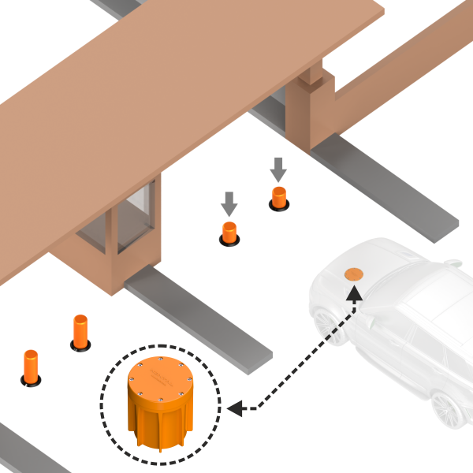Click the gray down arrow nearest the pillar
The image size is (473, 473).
(x=278, y=168)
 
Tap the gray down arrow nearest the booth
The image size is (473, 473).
(x=229, y=203)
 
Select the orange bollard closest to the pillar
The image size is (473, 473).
(x=279, y=196)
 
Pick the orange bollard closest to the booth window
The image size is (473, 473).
(x=229, y=233)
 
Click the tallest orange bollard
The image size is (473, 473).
(x=80, y=331)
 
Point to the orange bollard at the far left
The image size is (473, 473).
(x=30, y=367)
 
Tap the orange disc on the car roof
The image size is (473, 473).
(x=353, y=274)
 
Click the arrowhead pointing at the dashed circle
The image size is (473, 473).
(x=234, y=408)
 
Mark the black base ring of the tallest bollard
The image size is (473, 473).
(x=80, y=346)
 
